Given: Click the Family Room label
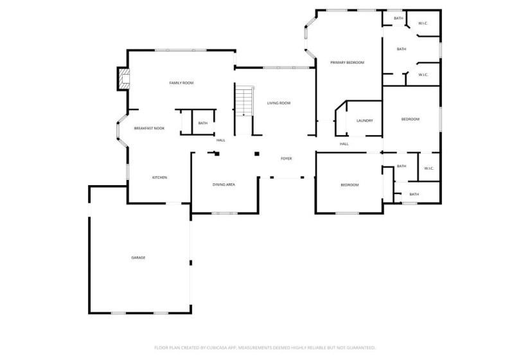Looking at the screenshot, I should pyautogui.click(x=181, y=83).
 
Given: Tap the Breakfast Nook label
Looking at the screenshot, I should pyautogui.click(x=149, y=129).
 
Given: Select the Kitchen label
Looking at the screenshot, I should pyautogui.click(x=159, y=177).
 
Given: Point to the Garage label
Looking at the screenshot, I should pyautogui.click(x=138, y=258).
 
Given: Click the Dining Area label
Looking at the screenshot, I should pyautogui.click(x=224, y=185).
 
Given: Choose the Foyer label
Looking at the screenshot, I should pyautogui.click(x=286, y=158).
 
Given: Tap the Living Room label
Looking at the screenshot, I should pyautogui.click(x=279, y=103).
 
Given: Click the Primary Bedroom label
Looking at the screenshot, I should pyautogui.click(x=347, y=62).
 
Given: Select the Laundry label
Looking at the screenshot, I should pyautogui.click(x=364, y=121).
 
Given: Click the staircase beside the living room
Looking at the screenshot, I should pyautogui.click(x=244, y=102).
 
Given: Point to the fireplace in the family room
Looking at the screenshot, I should pyautogui.click(x=123, y=79).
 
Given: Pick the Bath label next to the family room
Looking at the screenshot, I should pyautogui.click(x=202, y=123).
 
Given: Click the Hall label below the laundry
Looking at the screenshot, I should pyautogui.click(x=344, y=144).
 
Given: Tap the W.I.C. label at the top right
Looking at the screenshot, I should pyautogui.click(x=423, y=24).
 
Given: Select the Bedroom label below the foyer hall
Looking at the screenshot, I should pyautogui.click(x=349, y=185).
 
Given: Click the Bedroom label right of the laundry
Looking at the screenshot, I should pyautogui.click(x=410, y=120).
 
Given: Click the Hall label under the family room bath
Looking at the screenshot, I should pyautogui.click(x=220, y=140).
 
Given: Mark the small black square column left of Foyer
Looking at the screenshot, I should pyautogui.click(x=257, y=154).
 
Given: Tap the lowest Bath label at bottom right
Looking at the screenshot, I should pyautogui.click(x=414, y=194).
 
